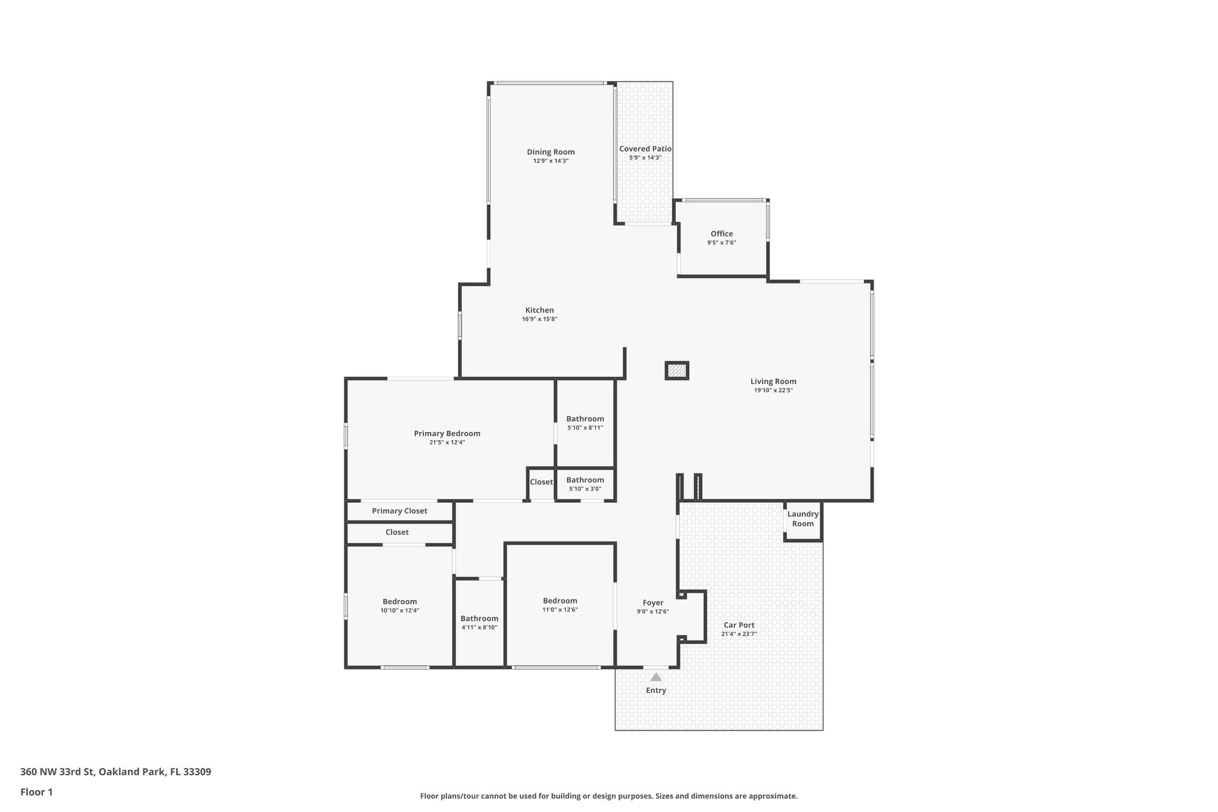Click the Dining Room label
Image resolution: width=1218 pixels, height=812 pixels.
click(x=550, y=152)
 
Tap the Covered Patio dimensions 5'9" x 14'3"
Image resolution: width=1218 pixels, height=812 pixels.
click(x=645, y=158)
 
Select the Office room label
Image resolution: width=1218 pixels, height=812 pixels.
click(x=721, y=234)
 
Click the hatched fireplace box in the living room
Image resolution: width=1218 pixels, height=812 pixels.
click(x=676, y=371)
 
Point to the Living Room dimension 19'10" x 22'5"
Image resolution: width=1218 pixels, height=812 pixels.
click(x=773, y=391)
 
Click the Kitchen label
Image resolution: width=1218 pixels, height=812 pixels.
click(x=539, y=310)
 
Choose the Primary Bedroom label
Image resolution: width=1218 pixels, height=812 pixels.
click(x=447, y=434)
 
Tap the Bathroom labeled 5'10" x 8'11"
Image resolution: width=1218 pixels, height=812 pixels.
click(x=585, y=419)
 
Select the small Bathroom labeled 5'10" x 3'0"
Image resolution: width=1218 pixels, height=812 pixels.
click(x=585, y=480)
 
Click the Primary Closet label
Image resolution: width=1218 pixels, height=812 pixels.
click(x=399, y=511)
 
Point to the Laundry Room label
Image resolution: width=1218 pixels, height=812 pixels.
click(x=802, y=519)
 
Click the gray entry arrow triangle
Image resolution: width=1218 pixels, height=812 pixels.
click(x=655, y=677)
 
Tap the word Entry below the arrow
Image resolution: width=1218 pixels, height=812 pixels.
click(x=655, y=691)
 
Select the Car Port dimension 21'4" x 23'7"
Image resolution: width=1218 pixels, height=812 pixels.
click(x=739, y=634)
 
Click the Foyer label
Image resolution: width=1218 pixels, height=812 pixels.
click(x=652, y=603)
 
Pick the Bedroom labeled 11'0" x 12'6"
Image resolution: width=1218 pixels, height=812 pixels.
click(x=560, y=601)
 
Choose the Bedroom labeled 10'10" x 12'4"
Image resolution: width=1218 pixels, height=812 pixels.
click(x=400, y=601)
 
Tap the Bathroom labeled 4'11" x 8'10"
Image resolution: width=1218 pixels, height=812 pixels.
click(x=479, y=619)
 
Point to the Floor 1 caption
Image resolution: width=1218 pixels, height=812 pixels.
click(x=36, y=792)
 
